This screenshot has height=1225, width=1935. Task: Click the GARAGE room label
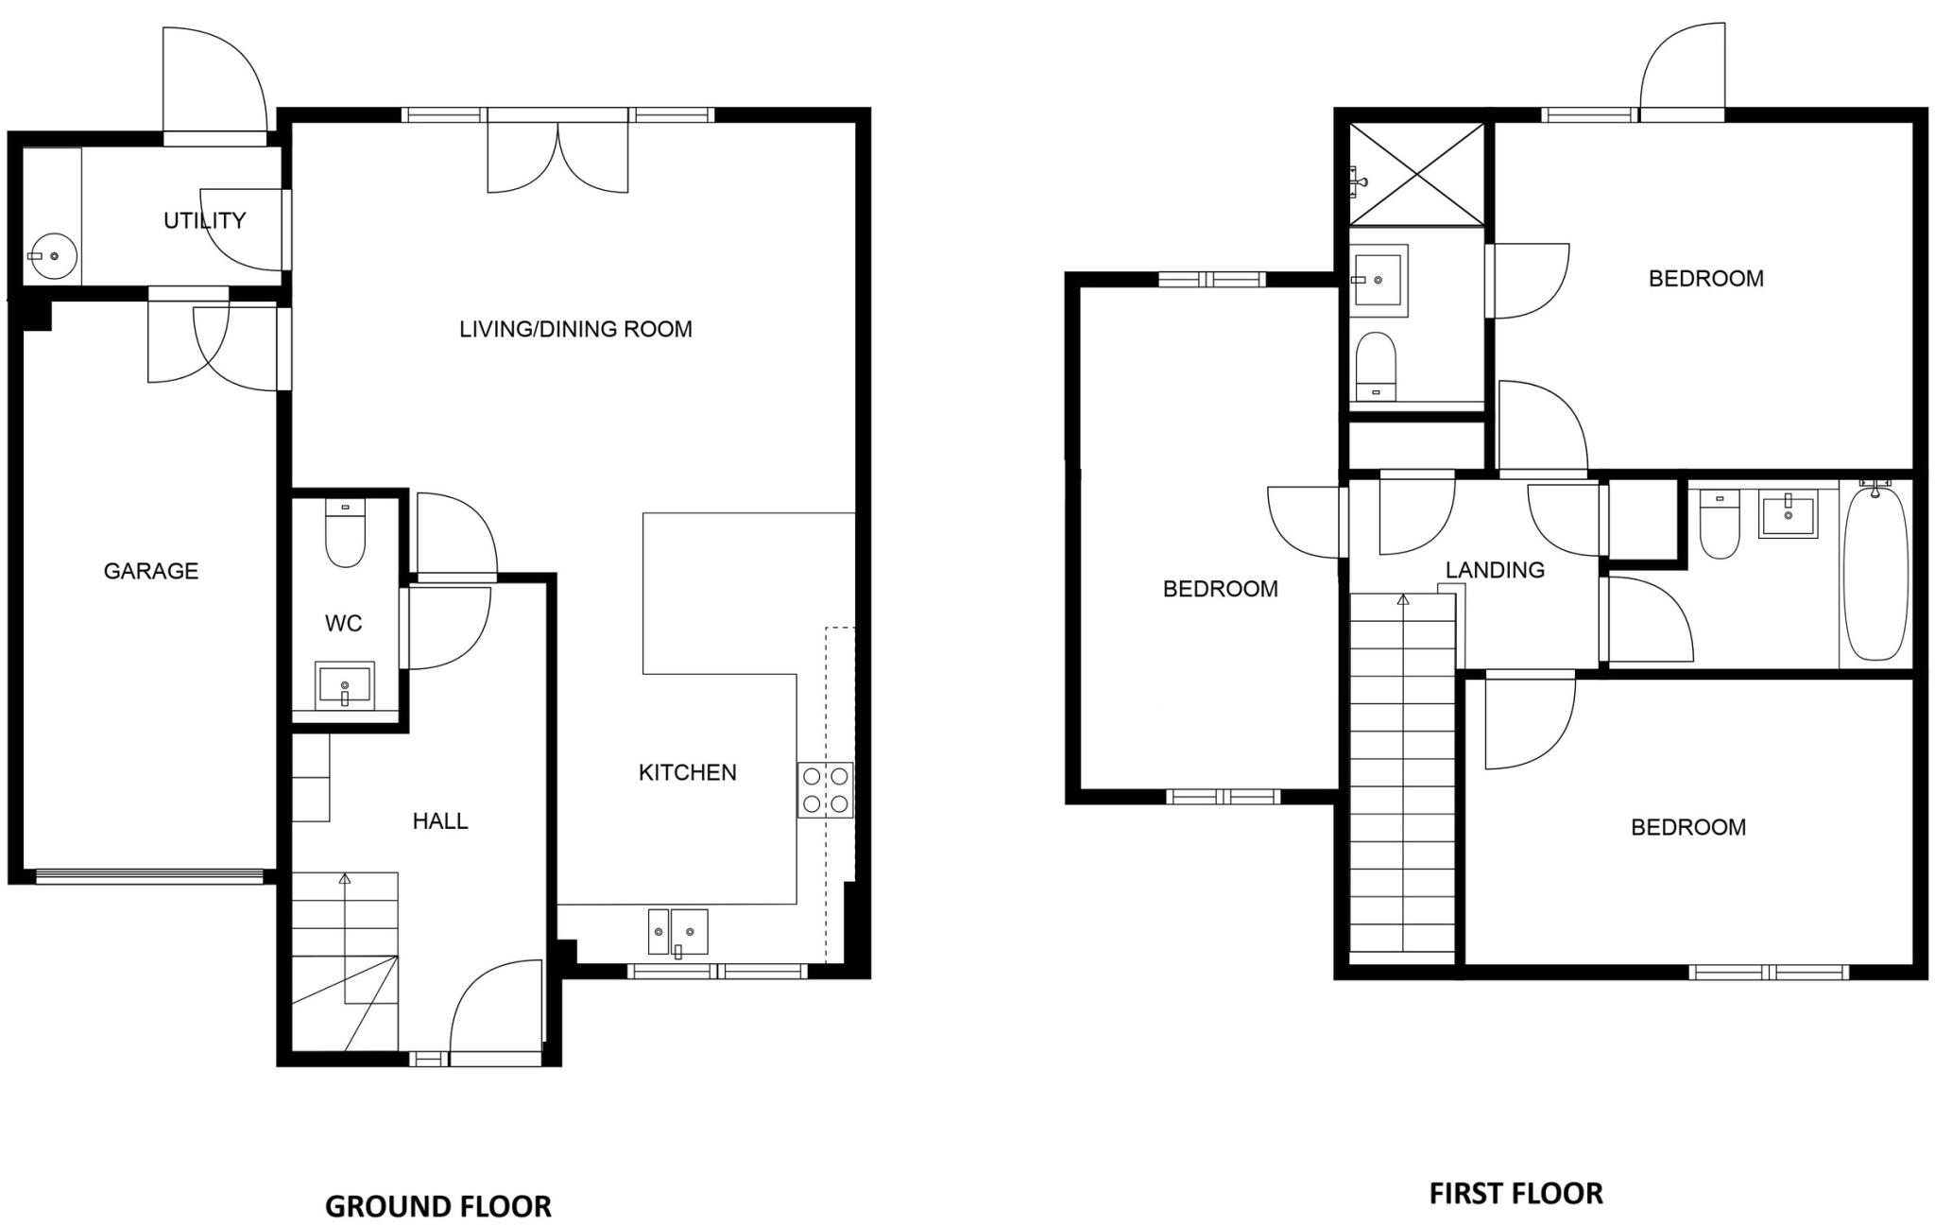pyautogui.click(x=150, y=571)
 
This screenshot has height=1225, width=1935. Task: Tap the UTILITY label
pyautogui.click(x=204, y=220)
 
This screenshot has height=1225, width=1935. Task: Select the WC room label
pyautogui.click(x=343, y=623)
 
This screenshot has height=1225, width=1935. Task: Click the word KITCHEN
pyautogui.click(x=687, y=772)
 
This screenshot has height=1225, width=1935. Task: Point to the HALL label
pyautogui.click(x=439, y=820)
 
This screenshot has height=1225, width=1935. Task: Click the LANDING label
pyautogui.click(x=1495, y=570)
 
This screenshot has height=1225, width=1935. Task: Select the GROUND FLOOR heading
pyautogui.click(x=437, y=1206)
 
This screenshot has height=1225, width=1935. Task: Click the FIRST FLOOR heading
pyautogui.click(x=1515, y=1193)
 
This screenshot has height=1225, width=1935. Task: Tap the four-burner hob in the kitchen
pyautogui.click(x=825, y=790)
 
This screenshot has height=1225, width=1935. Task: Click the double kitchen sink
pyautogui.click(x=678, y=932)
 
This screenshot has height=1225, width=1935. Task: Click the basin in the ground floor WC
pyautogui.click(x=345, y=685)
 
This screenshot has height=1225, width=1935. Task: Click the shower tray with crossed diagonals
pyautogui.click(x=1416, y=175)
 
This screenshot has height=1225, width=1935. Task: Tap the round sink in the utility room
pyautogui.click(x=53, y=255)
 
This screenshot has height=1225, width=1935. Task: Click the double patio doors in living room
pyautogui.click(x=557, y=156)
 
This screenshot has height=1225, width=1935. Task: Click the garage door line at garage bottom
pyautogui.click(x=149, y=877)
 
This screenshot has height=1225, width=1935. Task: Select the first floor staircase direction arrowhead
pyautogui.click(x=1403, y=599)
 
